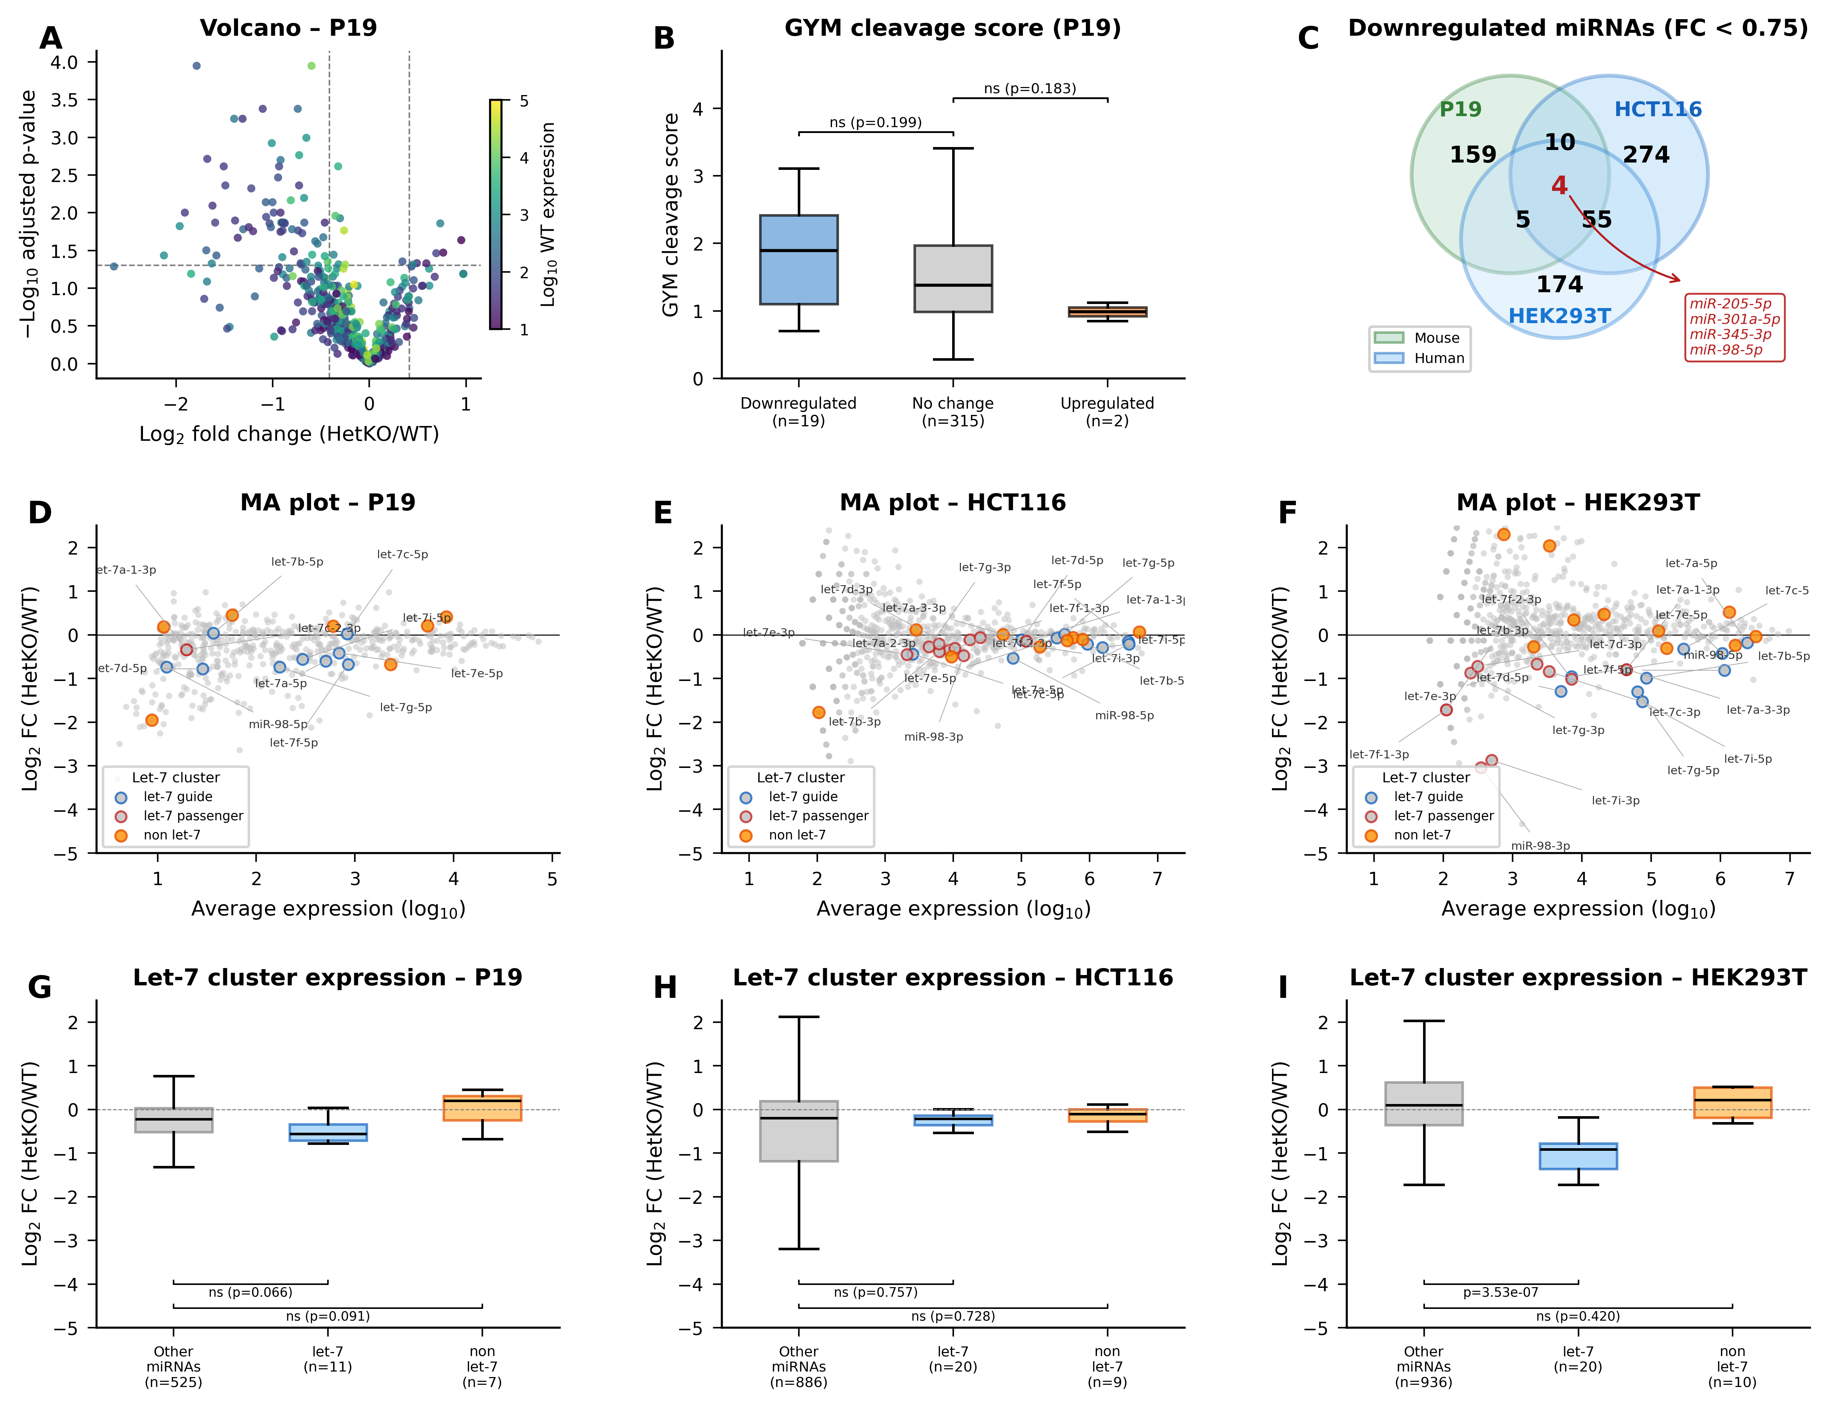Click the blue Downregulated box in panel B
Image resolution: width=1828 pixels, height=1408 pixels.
pos(798,259)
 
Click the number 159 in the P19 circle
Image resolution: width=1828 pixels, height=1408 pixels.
pos(1473,155)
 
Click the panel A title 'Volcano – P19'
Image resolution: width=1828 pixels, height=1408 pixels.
pos(288,28)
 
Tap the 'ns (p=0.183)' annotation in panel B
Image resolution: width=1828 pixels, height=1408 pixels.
pos(1030,89)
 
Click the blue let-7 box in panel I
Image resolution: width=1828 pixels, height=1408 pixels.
pos(1578,1156)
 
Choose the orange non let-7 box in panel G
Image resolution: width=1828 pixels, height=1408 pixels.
pos(482,1107)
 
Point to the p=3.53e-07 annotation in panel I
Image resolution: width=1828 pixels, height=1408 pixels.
pos(1500,1293)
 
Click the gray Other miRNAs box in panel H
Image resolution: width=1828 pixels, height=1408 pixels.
pos(798,1131)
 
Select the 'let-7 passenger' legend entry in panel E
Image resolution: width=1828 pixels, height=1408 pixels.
pos(818,816)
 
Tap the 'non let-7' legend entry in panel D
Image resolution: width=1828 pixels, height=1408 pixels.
pos(172,835)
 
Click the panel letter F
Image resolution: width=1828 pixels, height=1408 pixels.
pos(1287,513)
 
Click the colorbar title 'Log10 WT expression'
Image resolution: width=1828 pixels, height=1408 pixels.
pos(548,214)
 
